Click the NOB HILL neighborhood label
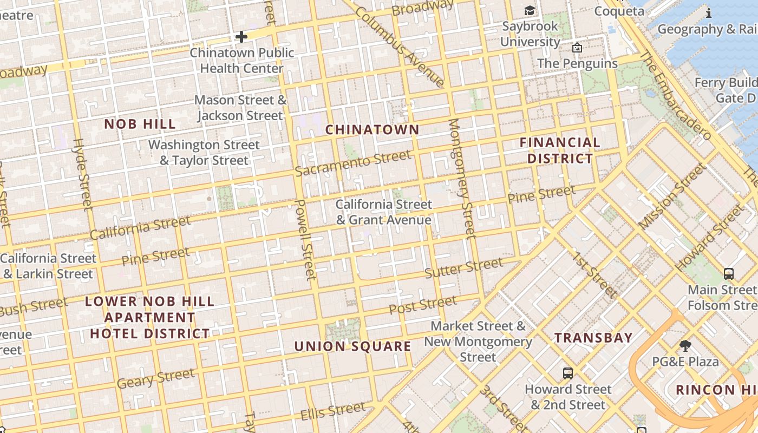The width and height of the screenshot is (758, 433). pos(140,124)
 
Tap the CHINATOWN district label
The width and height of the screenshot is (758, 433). pos(372,129)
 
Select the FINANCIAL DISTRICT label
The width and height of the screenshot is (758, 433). pos(560,150)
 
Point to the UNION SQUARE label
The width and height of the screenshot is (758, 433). pos(352,346)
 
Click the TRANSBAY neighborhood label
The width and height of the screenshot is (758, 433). pos(593,338)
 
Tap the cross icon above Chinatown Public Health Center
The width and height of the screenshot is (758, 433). pos(241,37)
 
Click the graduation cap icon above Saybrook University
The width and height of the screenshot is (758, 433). pos(529,11)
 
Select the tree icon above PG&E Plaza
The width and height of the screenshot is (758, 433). pos(685,345)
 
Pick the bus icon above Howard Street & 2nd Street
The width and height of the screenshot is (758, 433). pos(567,373)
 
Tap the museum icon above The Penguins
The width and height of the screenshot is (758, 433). pos(577,48)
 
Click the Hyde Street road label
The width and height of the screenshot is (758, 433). pos(82,174)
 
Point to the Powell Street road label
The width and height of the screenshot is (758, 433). pos(304,240)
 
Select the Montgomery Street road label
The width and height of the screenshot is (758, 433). pos(462,178)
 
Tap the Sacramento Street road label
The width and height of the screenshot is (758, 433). pos(353,163)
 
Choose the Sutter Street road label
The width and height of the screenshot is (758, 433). pos(463,267)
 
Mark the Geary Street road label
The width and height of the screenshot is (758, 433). pos(155,378)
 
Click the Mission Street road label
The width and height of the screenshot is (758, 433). pos(672,195)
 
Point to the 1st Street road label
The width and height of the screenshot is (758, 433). pos(595,275)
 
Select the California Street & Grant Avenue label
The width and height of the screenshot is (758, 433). pos(383,212)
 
